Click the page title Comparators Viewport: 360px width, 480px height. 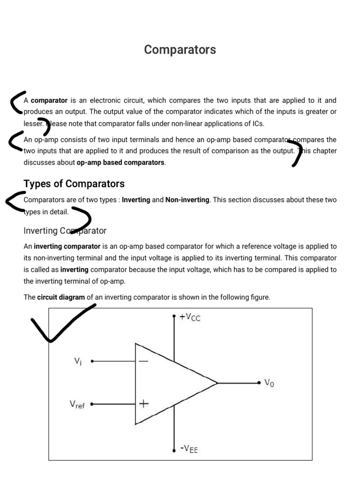180,50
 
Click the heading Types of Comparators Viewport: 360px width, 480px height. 74,184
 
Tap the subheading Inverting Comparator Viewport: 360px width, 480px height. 65,231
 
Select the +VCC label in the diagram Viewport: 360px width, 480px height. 190,317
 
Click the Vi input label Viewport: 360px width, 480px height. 78,361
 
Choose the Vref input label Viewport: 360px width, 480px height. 77,404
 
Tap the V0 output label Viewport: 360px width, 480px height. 270,383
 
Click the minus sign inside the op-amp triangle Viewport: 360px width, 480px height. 143,361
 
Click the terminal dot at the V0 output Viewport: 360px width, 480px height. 259,383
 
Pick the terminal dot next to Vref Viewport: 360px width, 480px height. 92,404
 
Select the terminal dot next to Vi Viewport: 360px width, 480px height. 92,361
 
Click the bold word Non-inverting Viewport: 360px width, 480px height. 187,200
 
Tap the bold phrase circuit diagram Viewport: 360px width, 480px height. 61,297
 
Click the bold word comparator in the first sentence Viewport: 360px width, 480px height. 49,100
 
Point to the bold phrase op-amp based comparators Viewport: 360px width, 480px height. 120,163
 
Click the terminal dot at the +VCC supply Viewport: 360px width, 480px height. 174,317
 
